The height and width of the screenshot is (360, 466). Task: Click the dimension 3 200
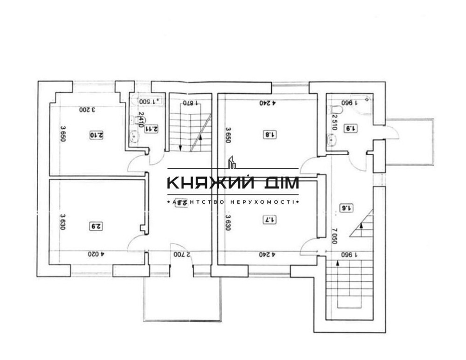[87, 110]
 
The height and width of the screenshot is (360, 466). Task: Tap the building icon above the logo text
[232, 162]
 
